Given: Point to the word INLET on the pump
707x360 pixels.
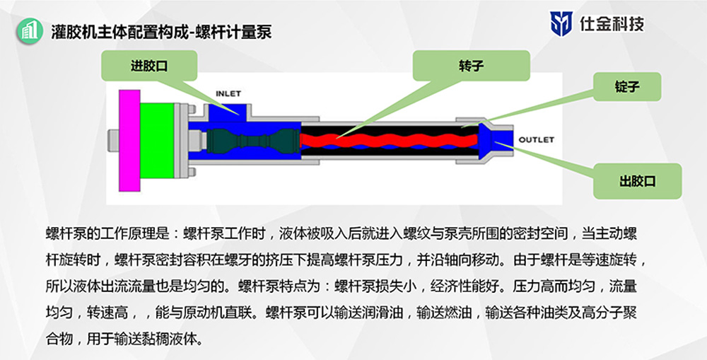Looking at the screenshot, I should (228, 93).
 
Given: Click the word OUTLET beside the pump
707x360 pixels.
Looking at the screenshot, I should (537, 139).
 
